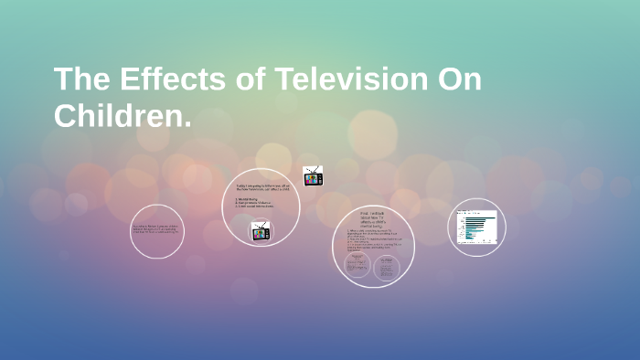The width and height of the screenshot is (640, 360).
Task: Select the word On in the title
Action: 457,80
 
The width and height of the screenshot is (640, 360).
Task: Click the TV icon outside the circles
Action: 313,176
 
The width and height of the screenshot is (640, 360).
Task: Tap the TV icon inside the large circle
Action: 261,231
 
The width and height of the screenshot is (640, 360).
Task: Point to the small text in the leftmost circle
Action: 157,229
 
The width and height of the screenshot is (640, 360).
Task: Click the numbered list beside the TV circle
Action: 256,203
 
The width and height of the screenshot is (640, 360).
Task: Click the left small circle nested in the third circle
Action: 357,265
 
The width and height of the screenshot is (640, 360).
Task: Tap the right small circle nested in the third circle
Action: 387,265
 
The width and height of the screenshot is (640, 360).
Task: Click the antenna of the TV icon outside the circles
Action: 313,168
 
